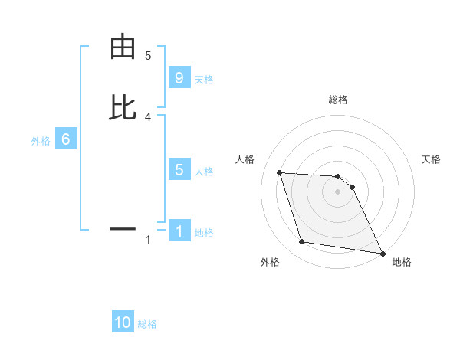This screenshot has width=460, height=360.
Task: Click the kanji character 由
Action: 123,47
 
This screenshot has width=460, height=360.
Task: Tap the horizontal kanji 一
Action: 123,228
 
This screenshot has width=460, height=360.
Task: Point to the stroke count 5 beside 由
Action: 148,56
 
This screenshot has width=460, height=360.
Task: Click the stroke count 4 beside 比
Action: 148,116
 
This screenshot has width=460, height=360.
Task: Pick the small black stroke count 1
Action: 148,240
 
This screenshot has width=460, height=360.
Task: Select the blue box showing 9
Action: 179,78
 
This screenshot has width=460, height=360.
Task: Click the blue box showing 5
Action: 179,170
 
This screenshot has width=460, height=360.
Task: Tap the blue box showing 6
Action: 66,139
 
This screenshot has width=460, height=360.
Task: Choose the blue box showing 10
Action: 123,322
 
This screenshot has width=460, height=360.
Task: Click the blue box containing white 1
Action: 179,231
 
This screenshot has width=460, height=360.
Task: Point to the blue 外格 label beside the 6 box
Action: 41,141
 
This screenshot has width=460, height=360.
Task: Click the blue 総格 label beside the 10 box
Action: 147,324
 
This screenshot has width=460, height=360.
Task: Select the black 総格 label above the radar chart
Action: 337,100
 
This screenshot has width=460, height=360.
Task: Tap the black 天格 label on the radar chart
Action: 432,159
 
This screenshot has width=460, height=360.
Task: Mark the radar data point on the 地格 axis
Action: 382,253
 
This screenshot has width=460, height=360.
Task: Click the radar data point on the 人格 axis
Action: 280,172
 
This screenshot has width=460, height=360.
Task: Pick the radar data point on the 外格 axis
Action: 301,242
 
